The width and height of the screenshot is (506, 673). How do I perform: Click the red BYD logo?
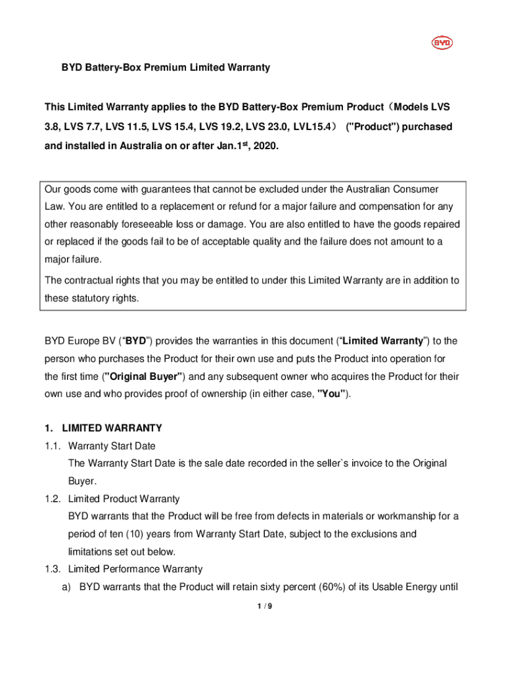(442, 43)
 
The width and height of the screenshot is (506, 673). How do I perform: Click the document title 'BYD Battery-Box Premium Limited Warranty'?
(166, 68)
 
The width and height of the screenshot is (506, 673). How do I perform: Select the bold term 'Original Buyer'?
(143, 377)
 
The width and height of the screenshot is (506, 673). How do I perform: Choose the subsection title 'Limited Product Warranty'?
(124, 499)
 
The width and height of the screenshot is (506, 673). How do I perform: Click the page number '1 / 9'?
(265, 606)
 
